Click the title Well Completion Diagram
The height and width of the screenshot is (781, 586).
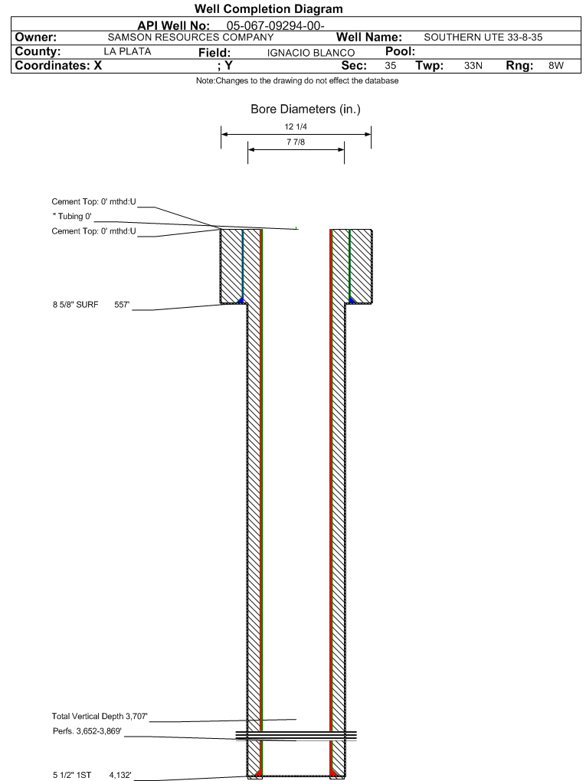269,9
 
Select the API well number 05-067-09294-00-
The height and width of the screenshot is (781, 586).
276,26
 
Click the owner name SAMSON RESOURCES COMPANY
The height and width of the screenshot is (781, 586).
191,38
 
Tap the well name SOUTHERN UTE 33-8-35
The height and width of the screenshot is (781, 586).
483,38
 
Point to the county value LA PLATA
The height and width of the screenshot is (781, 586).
128,51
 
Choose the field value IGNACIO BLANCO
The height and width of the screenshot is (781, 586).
311,53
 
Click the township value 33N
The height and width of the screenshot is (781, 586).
473,65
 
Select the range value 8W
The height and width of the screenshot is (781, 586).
556,65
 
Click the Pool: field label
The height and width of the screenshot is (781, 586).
400,51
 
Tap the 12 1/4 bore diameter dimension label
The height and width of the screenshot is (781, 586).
296,126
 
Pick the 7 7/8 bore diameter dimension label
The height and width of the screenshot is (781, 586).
296,142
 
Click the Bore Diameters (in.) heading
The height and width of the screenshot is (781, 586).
306,109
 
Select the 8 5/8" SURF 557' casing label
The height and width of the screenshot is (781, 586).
91,304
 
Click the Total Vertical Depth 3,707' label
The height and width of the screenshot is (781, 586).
100,716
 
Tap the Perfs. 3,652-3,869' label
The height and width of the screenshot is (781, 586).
87,731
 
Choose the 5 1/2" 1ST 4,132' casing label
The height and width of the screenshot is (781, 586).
92,775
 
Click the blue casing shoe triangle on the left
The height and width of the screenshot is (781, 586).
241,300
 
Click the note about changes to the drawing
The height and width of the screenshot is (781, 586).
297,80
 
